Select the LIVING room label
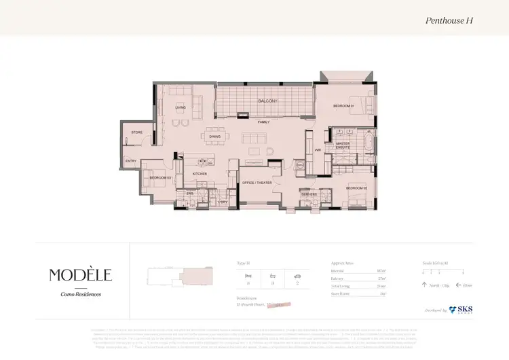pos(181,107)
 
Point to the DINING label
pos(215,137)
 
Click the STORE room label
pos(136,132)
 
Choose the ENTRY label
pos(131,161)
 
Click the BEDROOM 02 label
pos(356,187)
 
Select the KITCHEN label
pos(200,175)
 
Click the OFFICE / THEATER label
pos(257,183)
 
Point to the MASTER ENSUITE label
pos(342,145)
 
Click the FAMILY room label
pos(263,122)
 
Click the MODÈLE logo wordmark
pos(80,274)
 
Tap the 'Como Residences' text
pos(80,293)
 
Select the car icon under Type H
pos(296,276)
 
